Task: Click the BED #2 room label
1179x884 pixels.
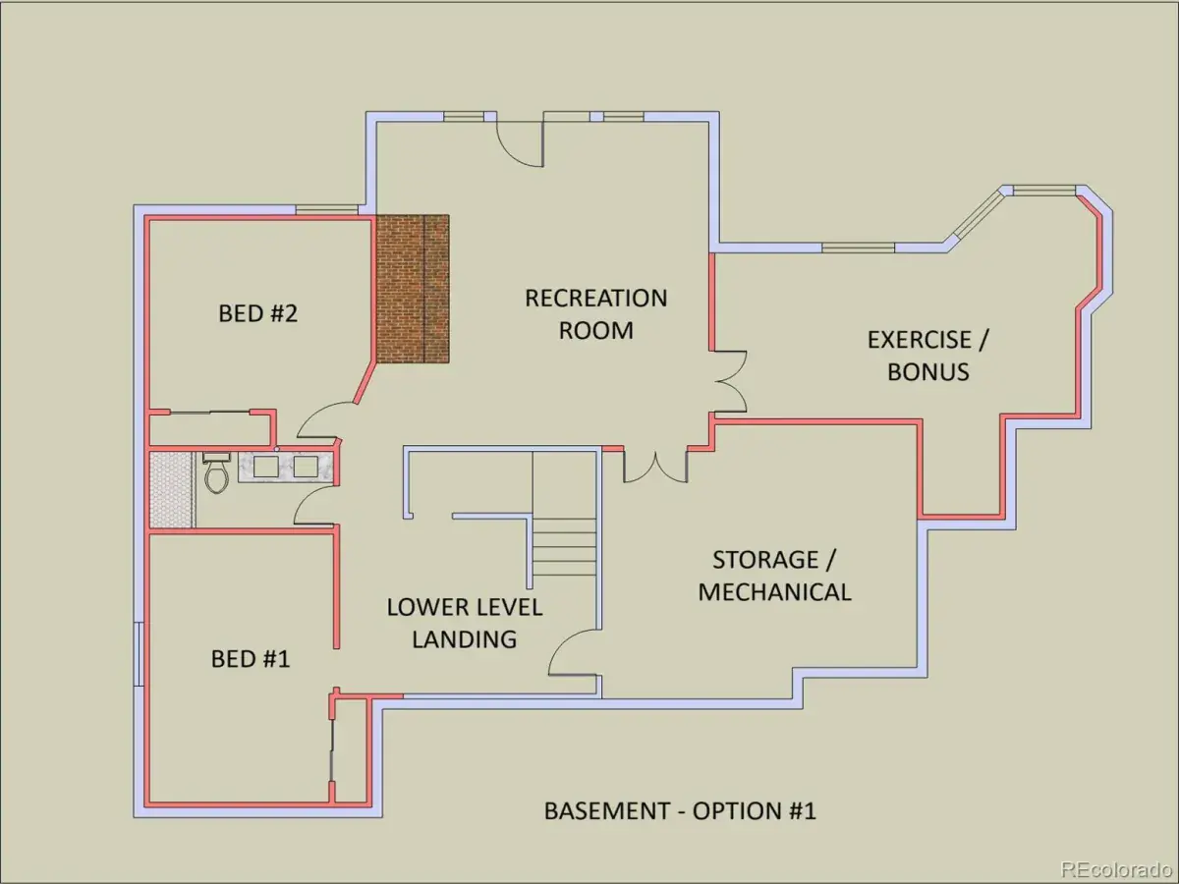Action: tap(257, 313)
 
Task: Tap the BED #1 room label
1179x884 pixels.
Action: tap(251, 658)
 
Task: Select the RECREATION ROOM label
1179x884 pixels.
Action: tap(596, 314)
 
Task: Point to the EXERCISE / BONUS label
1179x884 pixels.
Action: tap(927, 356)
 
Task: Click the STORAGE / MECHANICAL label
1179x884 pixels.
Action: tap(774, 576)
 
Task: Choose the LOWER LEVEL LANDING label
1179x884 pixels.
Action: tap(465, 623)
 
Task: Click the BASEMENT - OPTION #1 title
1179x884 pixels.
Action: tap(680, 811)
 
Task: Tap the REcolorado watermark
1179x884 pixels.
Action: tap(1117, 868)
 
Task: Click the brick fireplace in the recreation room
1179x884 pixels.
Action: tap(413, 289)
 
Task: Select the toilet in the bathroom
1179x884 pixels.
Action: tap(216, 472)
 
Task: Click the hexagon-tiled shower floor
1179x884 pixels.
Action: tap(171, 489)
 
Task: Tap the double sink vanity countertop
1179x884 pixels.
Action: tap(286, 467)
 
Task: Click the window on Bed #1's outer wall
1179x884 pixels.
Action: tap(139, 654)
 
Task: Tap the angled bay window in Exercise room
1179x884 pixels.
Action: tap(975, 218)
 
